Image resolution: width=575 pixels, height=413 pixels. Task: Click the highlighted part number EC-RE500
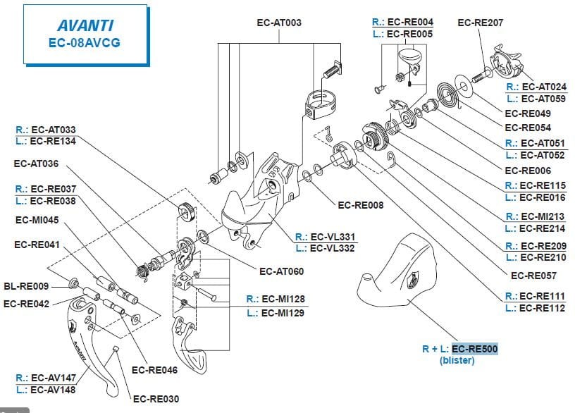pos(475,348)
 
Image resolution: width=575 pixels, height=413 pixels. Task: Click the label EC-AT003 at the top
pos(279,23)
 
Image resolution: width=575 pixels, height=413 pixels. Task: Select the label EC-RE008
pos(361,206)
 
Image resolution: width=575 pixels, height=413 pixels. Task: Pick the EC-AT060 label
pos(281,271)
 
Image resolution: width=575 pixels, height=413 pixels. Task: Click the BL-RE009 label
pos(26,287)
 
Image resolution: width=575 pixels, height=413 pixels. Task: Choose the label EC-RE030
pos(156,399)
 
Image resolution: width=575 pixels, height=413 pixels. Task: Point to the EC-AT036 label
pos(37,164)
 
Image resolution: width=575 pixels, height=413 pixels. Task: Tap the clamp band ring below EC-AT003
pos(321,102)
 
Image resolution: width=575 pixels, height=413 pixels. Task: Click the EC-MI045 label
pos(37,219)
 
